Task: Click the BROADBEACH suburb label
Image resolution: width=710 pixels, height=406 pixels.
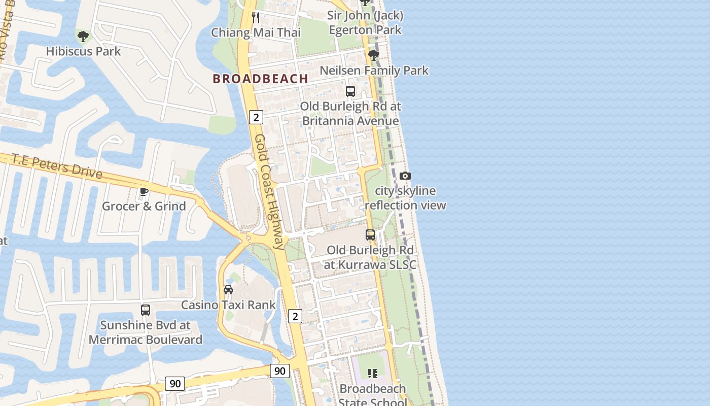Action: (260, 79)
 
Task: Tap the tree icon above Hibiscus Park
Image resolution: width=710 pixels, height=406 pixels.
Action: (83, 37)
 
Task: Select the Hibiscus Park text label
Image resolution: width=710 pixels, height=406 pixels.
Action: (83, 51)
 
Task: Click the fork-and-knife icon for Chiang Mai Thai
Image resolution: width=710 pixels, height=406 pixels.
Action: (256, 18)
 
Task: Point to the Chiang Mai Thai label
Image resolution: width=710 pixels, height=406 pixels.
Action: (256, 32)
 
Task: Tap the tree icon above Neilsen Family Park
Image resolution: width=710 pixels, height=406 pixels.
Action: (374, 55)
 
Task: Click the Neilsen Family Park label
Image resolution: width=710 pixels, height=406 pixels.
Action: (374, 70)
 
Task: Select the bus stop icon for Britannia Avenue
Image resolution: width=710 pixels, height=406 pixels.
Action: (350, 91)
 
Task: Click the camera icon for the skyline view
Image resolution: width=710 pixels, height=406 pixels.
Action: (405, 176)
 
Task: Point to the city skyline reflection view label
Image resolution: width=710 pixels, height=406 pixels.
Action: (405, 198)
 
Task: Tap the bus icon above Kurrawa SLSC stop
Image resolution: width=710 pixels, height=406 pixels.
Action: (370, 235)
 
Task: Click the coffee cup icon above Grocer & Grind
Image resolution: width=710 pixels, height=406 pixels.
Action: (144, 191)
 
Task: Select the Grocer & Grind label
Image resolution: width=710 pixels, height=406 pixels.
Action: (144, 206)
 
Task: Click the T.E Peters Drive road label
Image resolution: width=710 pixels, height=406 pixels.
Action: (57, 166)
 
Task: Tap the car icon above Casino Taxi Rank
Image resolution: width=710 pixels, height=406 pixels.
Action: (228, 290)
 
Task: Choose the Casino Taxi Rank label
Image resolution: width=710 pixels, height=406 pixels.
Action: (228, 304)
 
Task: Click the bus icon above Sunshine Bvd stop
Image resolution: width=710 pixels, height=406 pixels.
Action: (146, 310)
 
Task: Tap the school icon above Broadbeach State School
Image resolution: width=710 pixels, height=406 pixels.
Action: (373, 374)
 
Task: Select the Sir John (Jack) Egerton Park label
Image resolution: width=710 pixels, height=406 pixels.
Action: (365, 23)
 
